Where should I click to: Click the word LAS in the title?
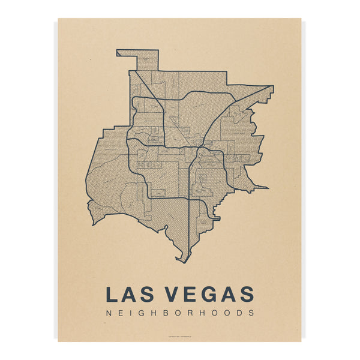click(x=128, y=294)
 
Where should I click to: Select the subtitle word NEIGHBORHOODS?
click(x=179, y=313)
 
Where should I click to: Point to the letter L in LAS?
click(x=112, y=294)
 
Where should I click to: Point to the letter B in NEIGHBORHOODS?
click(x=168, y=313)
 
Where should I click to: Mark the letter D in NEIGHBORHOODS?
click(x=239, y=313)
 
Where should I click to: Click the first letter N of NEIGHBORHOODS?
click(x=108, y=313)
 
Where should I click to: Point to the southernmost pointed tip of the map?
click(x=185, y=262)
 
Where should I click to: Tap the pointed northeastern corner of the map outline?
click(x=272, y=88)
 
